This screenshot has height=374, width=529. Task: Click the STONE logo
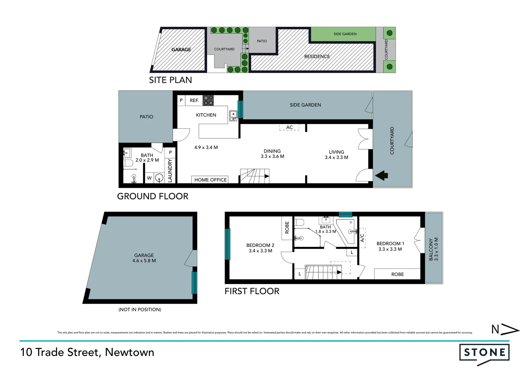(x=484, y=353)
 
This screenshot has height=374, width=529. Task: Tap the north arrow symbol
(x=505, y=329)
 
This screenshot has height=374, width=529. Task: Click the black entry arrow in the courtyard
(x=382, y=175)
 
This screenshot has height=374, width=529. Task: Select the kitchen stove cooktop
(x=208, y=100)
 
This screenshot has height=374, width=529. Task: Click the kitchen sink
(x=233, y=116)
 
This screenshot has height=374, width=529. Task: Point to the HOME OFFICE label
(x=210, y=180)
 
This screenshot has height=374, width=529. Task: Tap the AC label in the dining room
(x=289, y=127)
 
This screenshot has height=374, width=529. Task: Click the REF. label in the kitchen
(x=194, y=100)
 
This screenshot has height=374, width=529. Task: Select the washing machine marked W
(x=149, y=178)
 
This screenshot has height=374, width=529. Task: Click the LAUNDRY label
(x=170, y=170)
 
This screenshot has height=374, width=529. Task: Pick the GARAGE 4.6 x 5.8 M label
(x=144, y=258)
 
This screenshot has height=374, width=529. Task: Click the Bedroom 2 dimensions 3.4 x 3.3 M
(x=260, y=251)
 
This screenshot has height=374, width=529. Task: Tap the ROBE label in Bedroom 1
(x=397, y=274)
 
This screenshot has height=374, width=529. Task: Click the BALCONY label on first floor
(x=431, y=249)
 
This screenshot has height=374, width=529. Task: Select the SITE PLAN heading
(x=170, y=80)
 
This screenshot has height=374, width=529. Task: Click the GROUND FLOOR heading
(x=153, y=196)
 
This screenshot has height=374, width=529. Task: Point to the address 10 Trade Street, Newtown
(x=87, y=352)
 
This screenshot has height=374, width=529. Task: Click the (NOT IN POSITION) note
(x=140, y=310)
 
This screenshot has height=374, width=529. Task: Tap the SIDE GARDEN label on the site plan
(x=345, y=34)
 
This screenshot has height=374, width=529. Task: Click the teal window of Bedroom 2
(x=227, y=244)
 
